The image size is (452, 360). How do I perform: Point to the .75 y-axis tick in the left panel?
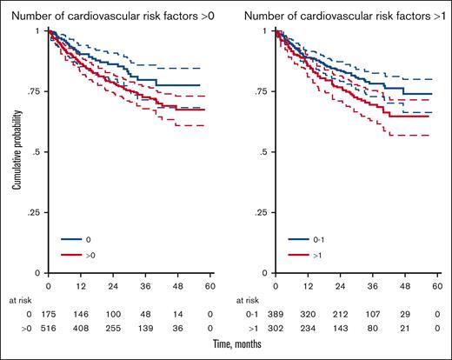(34, 91)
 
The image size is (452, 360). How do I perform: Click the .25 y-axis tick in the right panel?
(261, 212)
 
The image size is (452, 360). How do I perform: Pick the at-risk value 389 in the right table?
(276, 314)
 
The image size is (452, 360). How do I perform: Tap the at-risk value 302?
(276, 329)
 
